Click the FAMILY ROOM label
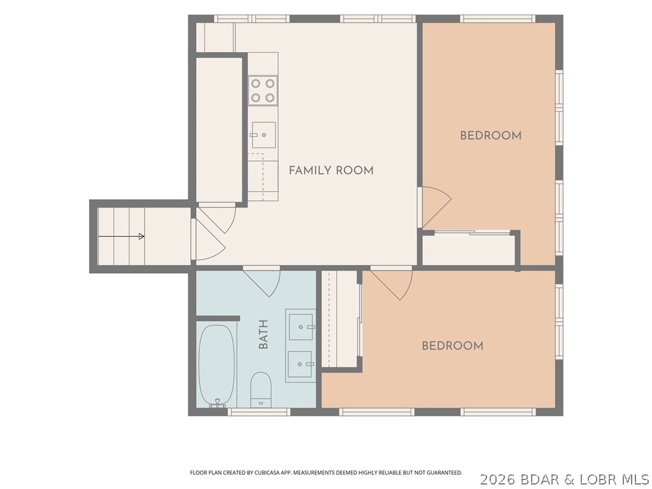[331, 170]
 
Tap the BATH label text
[263, 334]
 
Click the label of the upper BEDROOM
[491, 135]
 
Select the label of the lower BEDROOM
[453, 346]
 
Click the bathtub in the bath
[216, 365]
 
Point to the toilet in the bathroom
[260, 390]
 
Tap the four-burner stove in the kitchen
[263, 90]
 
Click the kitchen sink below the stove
[264, 135]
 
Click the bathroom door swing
[262, 283]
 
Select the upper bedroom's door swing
[436, 207]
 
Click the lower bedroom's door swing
[392, 285]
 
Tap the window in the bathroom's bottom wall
[259, 412]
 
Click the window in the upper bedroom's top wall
[498, 18]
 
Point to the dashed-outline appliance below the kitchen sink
[256, 177]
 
